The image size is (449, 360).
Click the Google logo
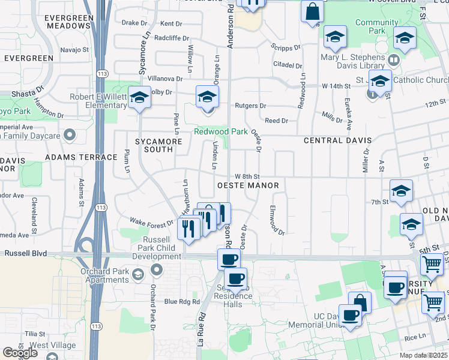click(x=20, y=353)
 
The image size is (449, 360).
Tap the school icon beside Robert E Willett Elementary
click(x=139, y=98)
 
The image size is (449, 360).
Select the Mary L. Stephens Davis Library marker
click(x=394, y=59)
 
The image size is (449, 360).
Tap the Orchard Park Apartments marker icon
click(x=137, y=275)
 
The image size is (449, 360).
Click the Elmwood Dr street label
click(x=276, y=220)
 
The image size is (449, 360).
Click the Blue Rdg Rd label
click(x=181, y=301)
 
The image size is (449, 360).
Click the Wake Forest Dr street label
click(x=151, y=222)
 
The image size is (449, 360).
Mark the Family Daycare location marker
click(x=69, y=135)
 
